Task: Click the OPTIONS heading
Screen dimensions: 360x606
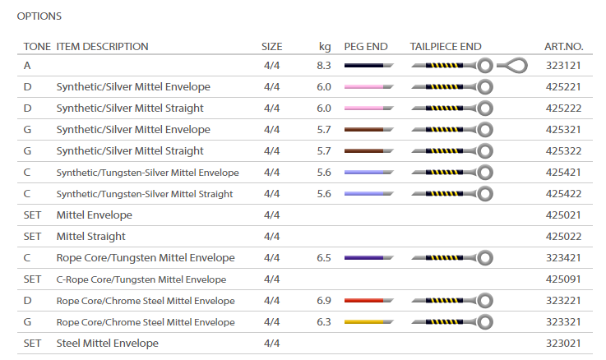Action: (39, 16)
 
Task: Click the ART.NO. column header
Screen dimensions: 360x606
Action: (563, 47)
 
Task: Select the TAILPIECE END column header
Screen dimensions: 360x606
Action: (446, 47)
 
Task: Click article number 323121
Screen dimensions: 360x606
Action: (563, 65)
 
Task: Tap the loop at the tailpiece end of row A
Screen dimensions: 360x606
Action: (516, 65)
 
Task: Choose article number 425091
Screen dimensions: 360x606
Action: (563, 279)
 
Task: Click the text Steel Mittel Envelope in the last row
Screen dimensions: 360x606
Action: (107, 343)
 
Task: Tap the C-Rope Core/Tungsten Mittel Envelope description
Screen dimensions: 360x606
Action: (141, 279)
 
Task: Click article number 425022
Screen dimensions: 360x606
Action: (563, 236)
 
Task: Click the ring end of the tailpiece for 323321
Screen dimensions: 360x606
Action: (485, 321)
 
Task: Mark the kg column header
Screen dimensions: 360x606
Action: (325, 47)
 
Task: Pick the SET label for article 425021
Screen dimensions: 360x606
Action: (32, 215)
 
